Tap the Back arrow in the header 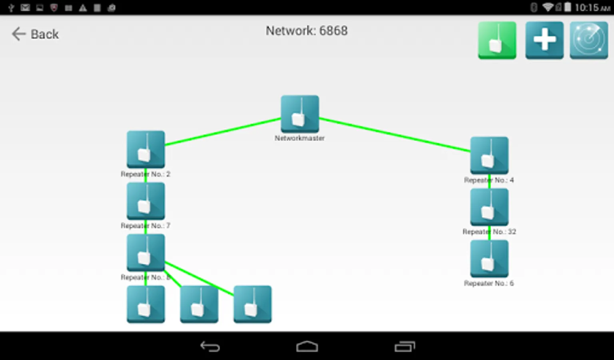click(18, 34)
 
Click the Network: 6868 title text click(307, 31)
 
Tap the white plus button click(544, 40)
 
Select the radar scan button click(588, 40)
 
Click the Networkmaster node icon click(300, 114)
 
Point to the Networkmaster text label click(299, 138)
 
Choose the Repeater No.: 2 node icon click(146, 149)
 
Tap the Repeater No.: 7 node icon click(146, 201)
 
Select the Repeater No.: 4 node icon click(489, 155)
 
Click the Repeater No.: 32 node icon click(489, 207)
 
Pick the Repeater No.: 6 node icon click(489, 258)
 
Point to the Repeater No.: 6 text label click(488, 283)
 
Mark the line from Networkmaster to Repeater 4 click(395, 135)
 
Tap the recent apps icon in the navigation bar click(405, 346)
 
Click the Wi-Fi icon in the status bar click(547, 7)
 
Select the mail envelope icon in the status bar click(25, 8)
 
